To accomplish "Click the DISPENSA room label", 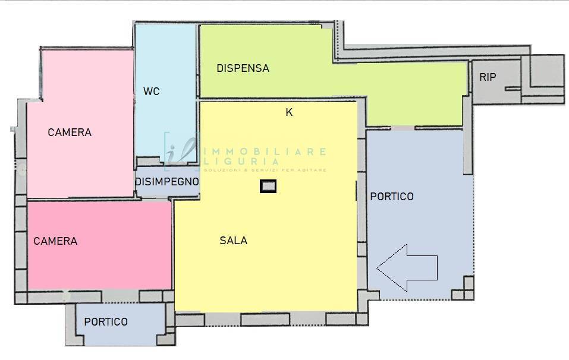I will point(243,68).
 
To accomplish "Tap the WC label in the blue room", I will point(151,91).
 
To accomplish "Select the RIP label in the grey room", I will point(488,77).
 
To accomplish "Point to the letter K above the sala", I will point(289,112).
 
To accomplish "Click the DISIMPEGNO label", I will point(166,182).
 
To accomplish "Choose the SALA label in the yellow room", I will point(233,241).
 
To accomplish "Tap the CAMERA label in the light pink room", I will point(70,132).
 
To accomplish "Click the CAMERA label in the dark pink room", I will point(55,241).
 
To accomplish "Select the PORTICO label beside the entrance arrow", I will point(392,197).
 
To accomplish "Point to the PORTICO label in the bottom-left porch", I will point(106,322).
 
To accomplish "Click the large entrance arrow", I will point(407,267).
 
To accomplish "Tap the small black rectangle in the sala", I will point(268,187).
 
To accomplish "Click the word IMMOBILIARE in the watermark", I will point(265,151).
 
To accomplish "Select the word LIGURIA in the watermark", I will point(241,161).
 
